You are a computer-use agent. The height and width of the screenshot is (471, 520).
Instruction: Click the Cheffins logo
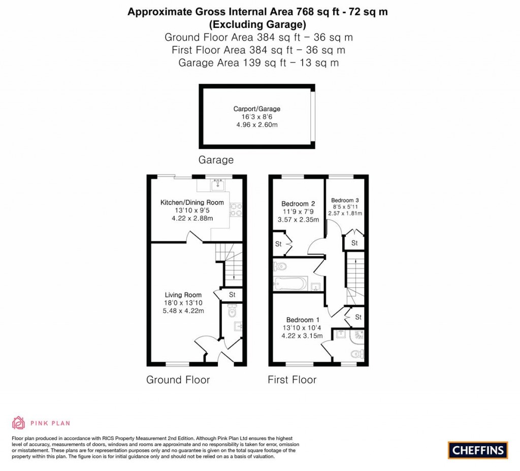(x=477, y=450)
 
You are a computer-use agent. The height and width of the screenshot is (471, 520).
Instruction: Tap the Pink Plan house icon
(x=18, y=423)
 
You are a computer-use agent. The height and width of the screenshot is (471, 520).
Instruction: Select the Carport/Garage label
(x=256, y=109)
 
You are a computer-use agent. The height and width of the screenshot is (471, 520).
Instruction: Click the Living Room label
(x=183, y=295)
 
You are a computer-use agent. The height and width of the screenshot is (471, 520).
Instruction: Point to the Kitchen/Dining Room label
(x=192, y=202)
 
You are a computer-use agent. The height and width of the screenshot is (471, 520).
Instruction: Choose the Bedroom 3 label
(x=345, y=200)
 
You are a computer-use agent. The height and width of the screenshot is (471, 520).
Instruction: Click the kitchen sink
(x=217, y=184)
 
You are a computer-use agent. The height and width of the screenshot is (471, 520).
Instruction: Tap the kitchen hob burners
(x=236, y=210)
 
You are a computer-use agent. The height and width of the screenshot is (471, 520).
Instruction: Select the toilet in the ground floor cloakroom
(x=232, y=311)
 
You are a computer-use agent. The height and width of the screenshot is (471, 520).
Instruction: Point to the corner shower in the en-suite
(x=357, y=336)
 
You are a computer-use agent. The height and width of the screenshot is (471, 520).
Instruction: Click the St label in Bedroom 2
(x=278, y=244)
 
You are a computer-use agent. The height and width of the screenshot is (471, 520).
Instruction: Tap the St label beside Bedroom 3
(x=354, y=243)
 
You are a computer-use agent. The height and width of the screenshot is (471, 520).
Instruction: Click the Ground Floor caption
(x=178, y=380)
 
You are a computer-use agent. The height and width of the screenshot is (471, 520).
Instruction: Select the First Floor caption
(x=292, y=380)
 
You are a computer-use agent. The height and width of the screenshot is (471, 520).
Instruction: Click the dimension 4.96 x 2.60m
(x=256, y=125)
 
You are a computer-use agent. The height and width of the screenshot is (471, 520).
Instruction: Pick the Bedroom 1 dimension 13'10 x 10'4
(x=302, y=328)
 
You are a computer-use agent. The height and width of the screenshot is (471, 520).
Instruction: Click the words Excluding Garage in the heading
(x=257, y=24)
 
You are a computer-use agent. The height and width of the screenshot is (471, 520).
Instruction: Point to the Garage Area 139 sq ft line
(x=258, y=62)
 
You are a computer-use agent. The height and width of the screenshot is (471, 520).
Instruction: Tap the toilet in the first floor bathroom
(x=280, y=266)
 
